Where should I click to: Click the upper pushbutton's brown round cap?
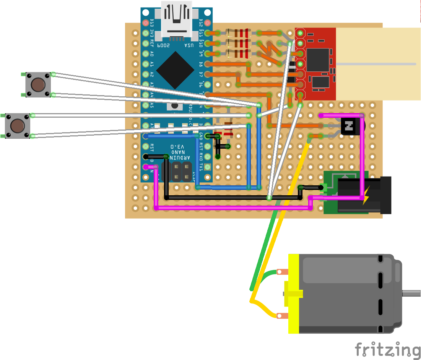(38, 84)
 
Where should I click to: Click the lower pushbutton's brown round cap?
(17, 126)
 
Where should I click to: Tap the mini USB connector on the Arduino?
(177, 20)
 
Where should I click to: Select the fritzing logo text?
(387, 350)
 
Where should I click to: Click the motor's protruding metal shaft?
(411, 293)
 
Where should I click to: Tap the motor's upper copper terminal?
(282, 272)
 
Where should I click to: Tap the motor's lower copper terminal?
(282, 316)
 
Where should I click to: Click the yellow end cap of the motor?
(293, 294)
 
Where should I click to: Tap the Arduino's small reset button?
(175, 105)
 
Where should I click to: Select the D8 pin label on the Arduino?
(201, 64)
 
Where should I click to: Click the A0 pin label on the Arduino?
(152, 54)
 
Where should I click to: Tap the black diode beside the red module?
(292, 73)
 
